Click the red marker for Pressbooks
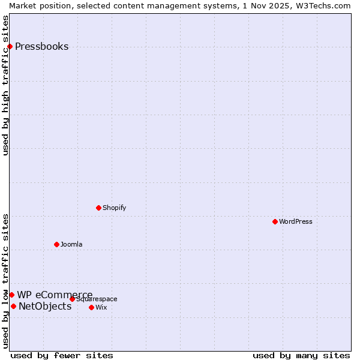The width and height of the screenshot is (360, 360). pos(10,47)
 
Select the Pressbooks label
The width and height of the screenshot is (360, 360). pos(41,47)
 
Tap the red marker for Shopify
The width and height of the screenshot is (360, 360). pos(98,208)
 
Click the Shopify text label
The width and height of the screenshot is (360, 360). pos(114,208)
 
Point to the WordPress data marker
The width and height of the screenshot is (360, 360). pos(275,222)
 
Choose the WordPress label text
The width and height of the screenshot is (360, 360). pos(295,222)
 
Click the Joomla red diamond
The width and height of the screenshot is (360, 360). pos(56,245)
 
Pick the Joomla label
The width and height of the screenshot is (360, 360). pos(71,245)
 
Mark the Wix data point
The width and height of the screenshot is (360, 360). pos(91,308)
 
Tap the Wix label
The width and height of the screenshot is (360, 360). pos(101,308)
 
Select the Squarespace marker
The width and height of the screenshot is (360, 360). pos(72,299)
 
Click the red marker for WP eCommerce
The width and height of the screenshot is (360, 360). pos(11,295)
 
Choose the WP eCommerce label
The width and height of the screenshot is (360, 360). pos(55,295)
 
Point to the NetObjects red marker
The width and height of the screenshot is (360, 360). pos(13,307)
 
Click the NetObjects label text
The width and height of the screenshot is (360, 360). pos(45,307)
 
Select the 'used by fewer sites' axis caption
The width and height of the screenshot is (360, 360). pos(62,356)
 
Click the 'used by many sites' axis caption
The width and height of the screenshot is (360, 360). pos(301,356)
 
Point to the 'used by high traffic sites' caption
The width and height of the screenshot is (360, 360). pos(6,85)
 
